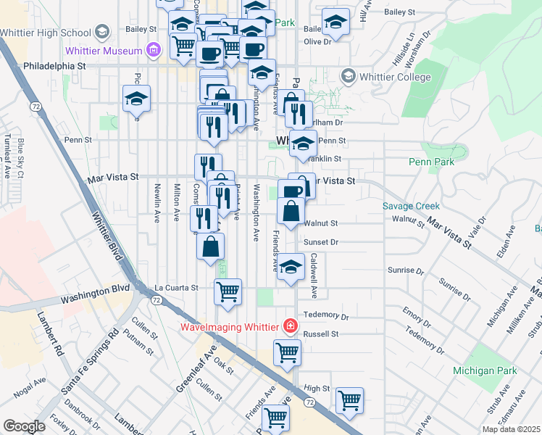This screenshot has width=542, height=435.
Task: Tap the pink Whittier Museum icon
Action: click(x=153, y=49)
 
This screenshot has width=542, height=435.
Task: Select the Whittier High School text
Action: click(x=46, y=32)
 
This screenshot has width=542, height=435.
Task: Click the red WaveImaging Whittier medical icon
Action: click(x=291, y=326)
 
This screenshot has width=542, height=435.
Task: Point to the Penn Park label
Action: click(x=431, y=162)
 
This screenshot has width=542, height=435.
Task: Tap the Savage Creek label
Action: click(x=412, y=206)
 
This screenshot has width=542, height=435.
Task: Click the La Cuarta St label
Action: click(x=175, y=288)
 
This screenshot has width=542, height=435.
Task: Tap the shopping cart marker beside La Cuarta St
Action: click(x=228, y=291)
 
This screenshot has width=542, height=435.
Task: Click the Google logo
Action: click(x=24, y=426)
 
